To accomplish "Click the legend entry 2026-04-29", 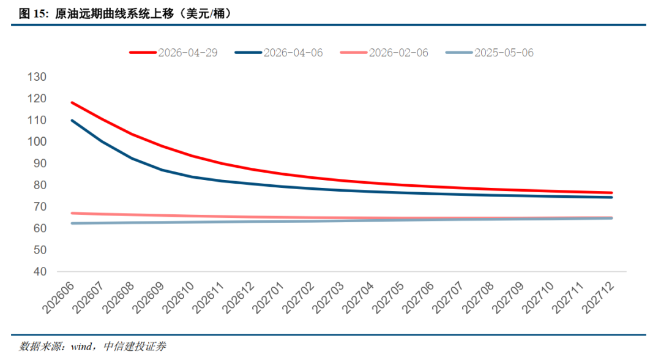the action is click(x=173, y=53).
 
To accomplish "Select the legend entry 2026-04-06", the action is click(x=278, y=53).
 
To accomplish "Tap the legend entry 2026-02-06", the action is click(x=384, y=53).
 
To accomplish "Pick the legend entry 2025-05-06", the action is click(x=490, y=53).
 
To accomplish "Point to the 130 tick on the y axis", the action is click(x=37, y=77).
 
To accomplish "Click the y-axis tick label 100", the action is click(x=37, y=141).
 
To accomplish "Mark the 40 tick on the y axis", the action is click(x=40, y=271).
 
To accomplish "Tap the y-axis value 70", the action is click(x=40, y=206).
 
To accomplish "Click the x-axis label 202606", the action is click(x=59, y=298).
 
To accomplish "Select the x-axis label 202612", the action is click(x=239, y=298).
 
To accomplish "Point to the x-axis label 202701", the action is click(x=269, y=298).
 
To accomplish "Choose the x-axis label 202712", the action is click(x=598, y=298).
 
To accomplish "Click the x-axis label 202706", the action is click(x=418, y=298).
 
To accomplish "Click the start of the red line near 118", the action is click(x=72, y=102).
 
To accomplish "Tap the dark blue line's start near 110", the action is click(x=72, y=121).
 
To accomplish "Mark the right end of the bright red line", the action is click(x=611, y=193).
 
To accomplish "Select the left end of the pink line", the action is click(x=72, y=213).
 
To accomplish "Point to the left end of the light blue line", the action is click(x=72, y=223).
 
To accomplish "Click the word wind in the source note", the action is click(x=81, y=347).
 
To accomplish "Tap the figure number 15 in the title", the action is click(x=39, y=14).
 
